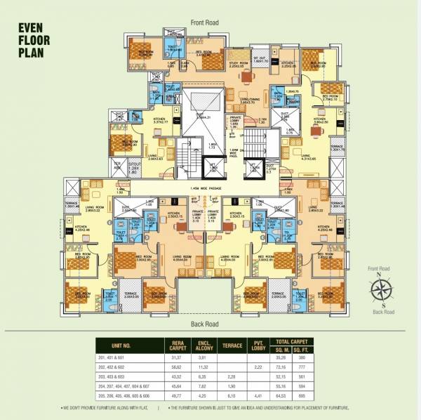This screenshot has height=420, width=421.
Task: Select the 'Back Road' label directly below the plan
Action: (x=206, y=323)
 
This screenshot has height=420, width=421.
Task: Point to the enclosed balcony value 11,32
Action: (x=205, y=367)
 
